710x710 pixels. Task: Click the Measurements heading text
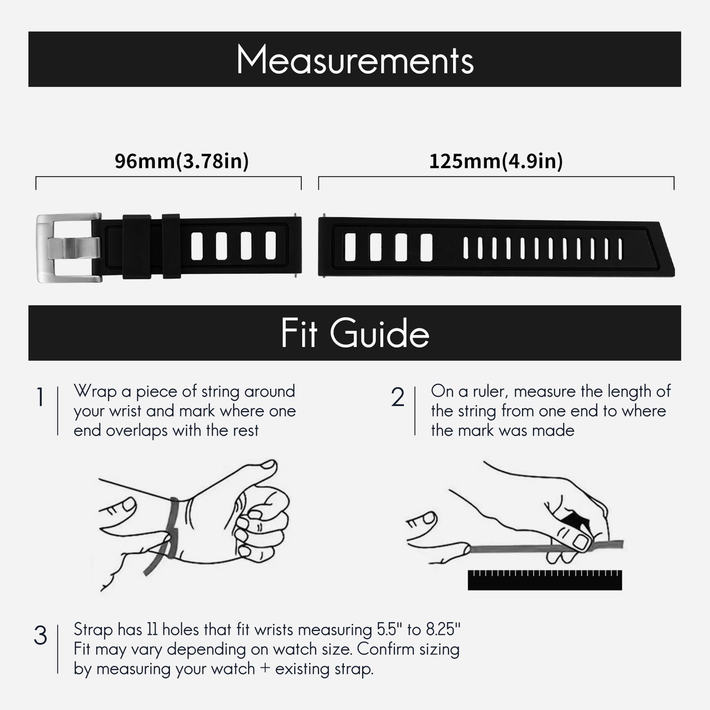355,60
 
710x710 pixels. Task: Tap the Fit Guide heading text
355,334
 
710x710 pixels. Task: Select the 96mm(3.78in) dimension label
181,161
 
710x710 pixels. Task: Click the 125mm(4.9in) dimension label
496,161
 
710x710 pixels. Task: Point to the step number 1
40,398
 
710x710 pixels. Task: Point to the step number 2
398,398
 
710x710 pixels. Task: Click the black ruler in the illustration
544,580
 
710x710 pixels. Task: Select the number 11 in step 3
151,629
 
